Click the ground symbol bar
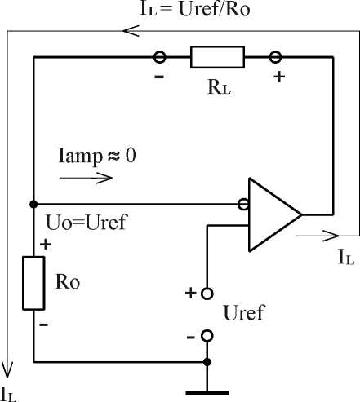[207, 393]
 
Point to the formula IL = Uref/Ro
[195, 9]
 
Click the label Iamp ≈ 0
[97, 157]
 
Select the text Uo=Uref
[87, 223]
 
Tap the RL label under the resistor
[220, 87]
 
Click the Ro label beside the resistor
[68, 281]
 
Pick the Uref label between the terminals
[244, 312]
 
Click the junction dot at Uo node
[33, 204]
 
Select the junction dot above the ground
[207, 362]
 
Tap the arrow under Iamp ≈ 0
[86, 178]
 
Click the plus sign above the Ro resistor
[46, 245]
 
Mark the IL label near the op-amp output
[346, 258]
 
